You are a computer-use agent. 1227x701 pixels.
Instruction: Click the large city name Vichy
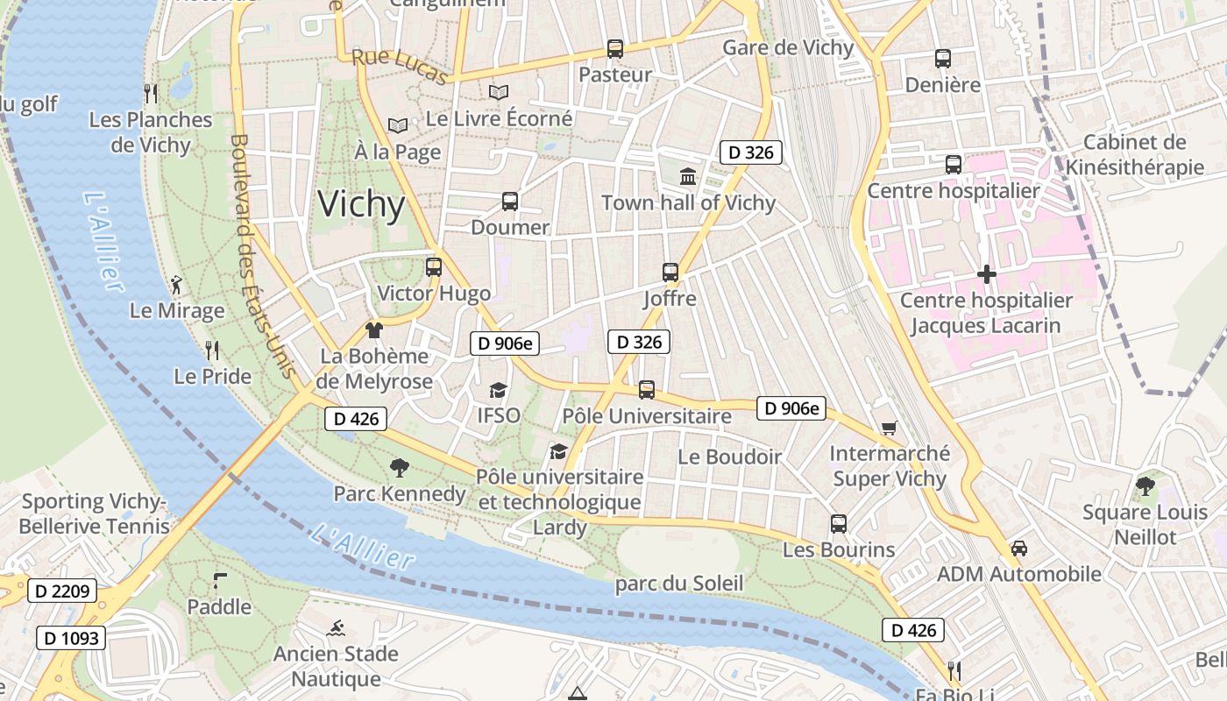[x=361, y=204]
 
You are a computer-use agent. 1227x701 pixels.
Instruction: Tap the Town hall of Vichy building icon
[x=688, y=177]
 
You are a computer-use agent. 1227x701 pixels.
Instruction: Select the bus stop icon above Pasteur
[x=615, y=49]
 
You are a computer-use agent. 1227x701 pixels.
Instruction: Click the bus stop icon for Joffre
[x=670, y=273]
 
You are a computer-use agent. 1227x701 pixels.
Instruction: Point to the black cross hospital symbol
[x=986, y=275]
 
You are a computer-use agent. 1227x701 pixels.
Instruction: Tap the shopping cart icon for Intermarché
[x=890, y=428]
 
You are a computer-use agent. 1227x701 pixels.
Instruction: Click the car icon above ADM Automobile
[x=1018, y=549]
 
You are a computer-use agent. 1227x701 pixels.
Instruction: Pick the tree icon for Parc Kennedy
[x=400, y=468]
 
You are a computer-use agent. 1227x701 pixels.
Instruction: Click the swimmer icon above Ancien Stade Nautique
[x=336, y=628]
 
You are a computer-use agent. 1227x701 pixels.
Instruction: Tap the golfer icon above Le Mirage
[x=177, y=285]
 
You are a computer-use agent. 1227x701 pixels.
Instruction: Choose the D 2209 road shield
[x=62, y=591]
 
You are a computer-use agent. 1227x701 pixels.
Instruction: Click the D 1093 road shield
[x=71, y=637]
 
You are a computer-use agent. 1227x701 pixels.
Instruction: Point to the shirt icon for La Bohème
[x=374, y=330]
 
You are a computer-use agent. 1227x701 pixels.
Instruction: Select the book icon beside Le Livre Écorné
[x=499, y=92]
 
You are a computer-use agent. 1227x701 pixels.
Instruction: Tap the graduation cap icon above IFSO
[x=498, y=390]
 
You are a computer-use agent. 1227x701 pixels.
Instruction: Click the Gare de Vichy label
[x=787, y=47]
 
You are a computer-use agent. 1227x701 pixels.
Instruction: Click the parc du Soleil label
[x=679, y=584]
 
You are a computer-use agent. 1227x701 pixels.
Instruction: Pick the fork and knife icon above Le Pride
[x=212, y=350]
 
